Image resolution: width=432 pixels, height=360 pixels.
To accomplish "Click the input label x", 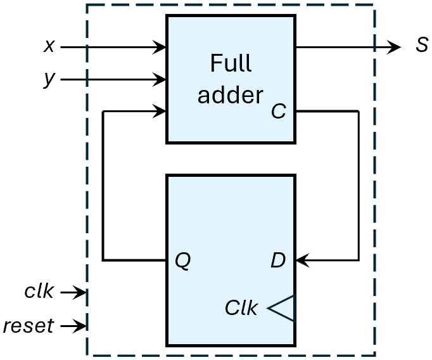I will [49, 46].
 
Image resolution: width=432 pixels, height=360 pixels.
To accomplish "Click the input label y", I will [49, 80].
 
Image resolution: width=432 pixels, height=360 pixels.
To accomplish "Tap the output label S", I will [421, 47].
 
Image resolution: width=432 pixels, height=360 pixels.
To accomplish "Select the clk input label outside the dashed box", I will [39, 292].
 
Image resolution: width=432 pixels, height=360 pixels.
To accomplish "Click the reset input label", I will [28, 326].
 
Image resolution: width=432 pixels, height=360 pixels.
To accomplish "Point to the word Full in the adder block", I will [231, 64].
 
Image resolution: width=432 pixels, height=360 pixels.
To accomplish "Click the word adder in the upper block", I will [230, 95].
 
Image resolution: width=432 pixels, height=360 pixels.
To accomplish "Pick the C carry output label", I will [278, 112].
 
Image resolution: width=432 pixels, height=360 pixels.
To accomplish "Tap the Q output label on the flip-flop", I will [182, 259].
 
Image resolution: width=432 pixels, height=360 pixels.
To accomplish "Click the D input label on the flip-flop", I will [278, 259].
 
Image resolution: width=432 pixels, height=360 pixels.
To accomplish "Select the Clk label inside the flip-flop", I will [241, 308].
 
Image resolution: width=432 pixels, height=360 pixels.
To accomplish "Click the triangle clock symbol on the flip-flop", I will [282, 308].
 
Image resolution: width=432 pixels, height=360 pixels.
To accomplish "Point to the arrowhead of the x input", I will [161, 47].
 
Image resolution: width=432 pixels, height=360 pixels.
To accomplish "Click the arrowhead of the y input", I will [161, 80].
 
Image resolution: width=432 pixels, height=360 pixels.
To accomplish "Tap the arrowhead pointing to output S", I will [395, 47].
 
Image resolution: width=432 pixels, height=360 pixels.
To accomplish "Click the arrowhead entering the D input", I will [302, 260].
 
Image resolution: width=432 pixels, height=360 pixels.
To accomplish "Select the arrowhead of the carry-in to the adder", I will [161, 112].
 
